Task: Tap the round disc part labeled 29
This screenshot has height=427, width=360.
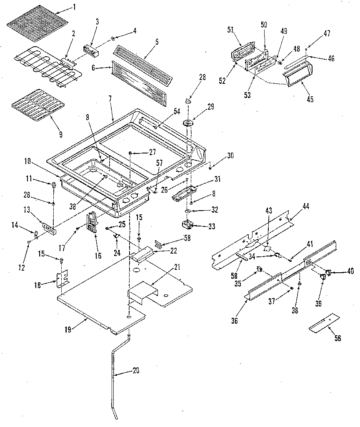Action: coord(189,123)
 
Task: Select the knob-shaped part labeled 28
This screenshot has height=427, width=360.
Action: coord(188,100)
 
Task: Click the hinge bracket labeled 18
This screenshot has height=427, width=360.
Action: coord(62,279)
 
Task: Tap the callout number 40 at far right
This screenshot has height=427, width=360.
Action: coord(350,271)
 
